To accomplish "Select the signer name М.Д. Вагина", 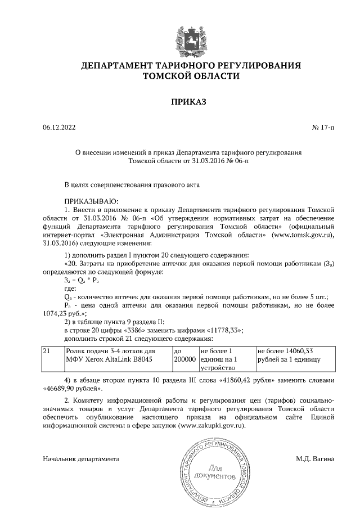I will [315, 459].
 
